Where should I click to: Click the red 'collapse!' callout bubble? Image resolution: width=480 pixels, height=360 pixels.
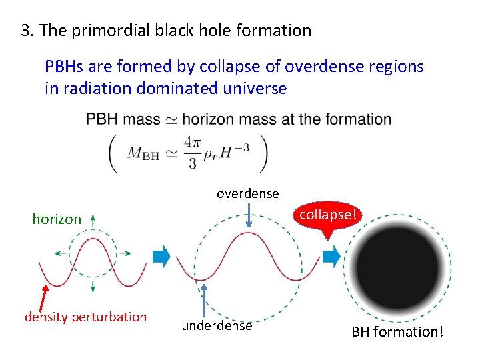(x=328, y=215)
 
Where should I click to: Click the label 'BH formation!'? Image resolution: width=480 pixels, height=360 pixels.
(x=397, y=331)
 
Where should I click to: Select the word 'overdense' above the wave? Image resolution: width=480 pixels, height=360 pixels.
(x=247, y=193)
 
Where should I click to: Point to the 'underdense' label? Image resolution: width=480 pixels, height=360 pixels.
(x=217, y=325)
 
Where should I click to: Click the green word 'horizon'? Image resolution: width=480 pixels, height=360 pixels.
(x=57, y=219)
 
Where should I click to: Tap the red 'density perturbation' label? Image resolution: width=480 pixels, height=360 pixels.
(x=85, y=317)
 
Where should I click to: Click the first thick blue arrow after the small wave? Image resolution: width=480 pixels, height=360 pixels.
(x=162, y=257)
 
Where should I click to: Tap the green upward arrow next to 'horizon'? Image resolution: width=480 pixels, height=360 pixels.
(x=92, y=219)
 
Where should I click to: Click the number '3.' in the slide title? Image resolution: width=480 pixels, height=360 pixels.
(x=28, y=31)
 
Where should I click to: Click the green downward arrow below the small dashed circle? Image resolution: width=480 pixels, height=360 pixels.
(x=92, y=286)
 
